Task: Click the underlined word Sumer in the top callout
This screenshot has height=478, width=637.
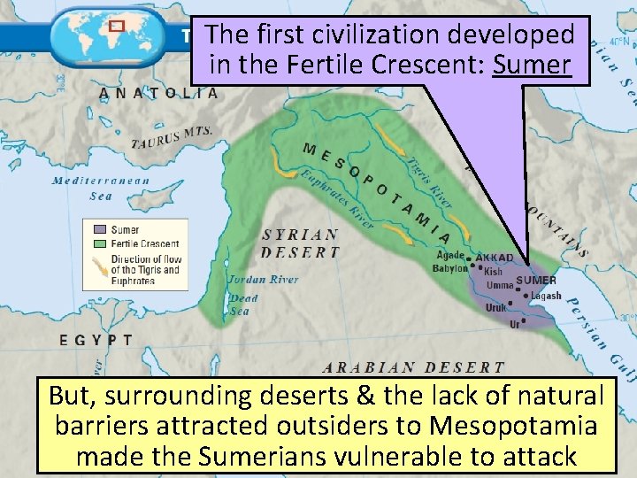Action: [533, 64]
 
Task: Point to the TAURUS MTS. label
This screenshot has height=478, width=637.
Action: [173, 137]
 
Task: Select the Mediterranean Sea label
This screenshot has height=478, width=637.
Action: [100, 188]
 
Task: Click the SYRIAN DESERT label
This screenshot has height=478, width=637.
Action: [301, 243]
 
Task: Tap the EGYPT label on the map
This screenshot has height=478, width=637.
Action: [96, 339]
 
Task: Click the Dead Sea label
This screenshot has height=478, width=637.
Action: [244, 305]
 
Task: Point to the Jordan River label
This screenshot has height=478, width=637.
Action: [263, 280]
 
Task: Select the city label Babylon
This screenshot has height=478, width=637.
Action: [449, 268]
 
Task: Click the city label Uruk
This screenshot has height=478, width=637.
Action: [495, 308]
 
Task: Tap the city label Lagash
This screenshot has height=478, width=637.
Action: [546, 297]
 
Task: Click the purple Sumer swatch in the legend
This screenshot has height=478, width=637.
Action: [97, 230]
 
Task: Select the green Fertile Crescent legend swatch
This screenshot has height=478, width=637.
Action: [97, 243]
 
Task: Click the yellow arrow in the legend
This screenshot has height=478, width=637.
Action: [97, 264]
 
